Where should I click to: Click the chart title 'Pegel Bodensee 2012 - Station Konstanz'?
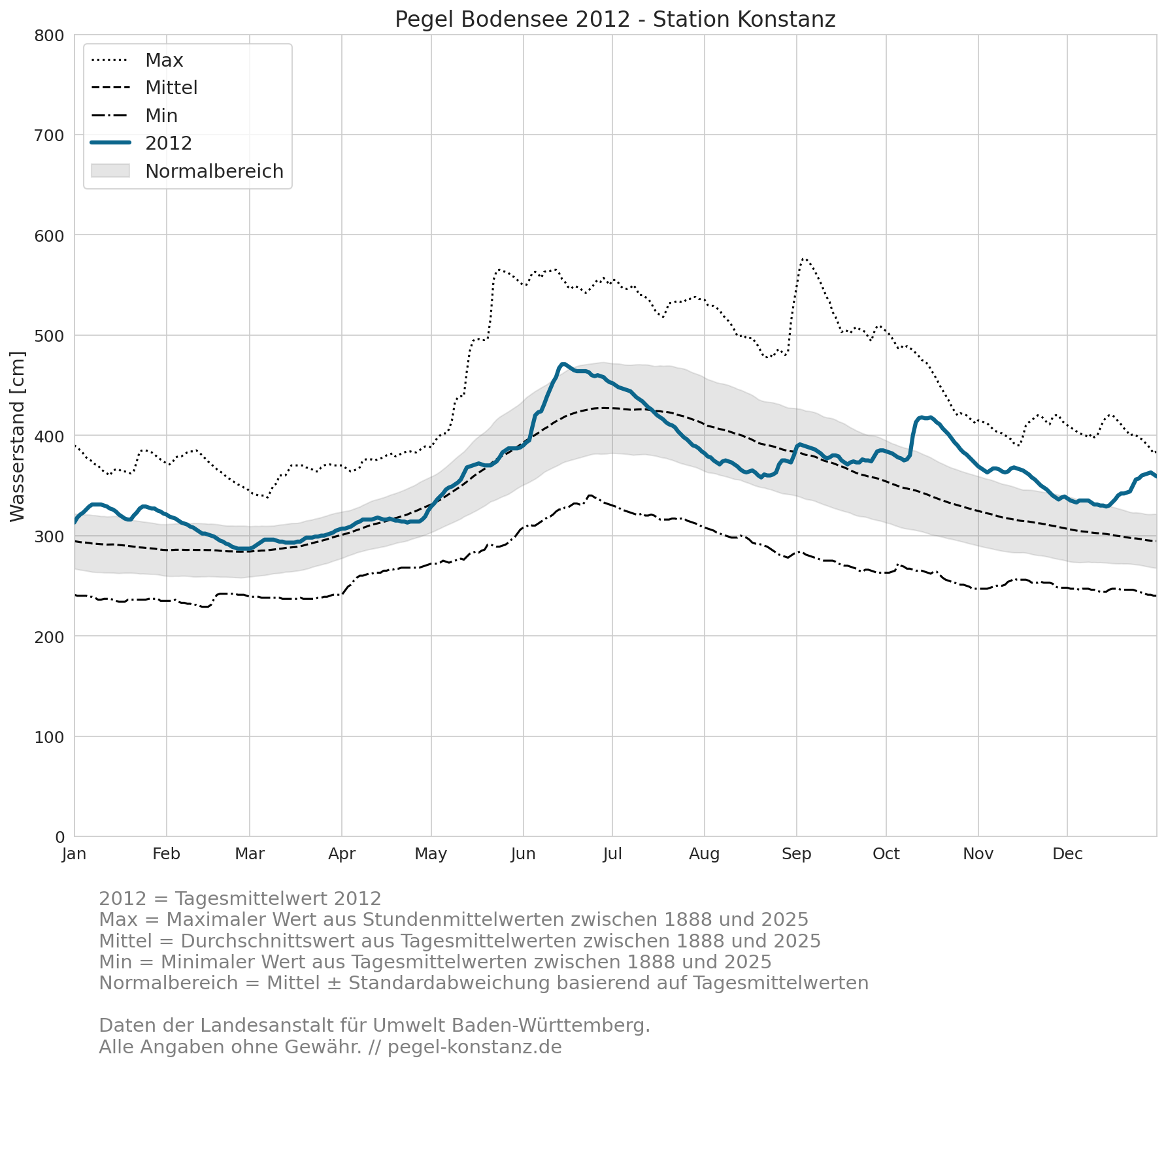(x=615, y=20)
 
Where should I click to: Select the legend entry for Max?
(x=137, y=60)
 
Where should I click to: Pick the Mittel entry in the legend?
(x=144, y=88)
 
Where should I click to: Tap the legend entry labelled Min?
(x=135, y=116)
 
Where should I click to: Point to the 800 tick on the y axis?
(x=50, y=35)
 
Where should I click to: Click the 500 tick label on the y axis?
(x=50, y=336)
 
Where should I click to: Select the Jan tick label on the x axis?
(x=75, y=854)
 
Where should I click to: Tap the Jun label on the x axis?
(x=524, y=854)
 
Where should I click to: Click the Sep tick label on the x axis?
(x=797, y=854)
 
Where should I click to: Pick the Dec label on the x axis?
(x=1067, y=854)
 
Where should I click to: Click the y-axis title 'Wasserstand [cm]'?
(x=18, y=436)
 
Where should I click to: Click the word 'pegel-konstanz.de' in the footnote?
(x=475, y=1047)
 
